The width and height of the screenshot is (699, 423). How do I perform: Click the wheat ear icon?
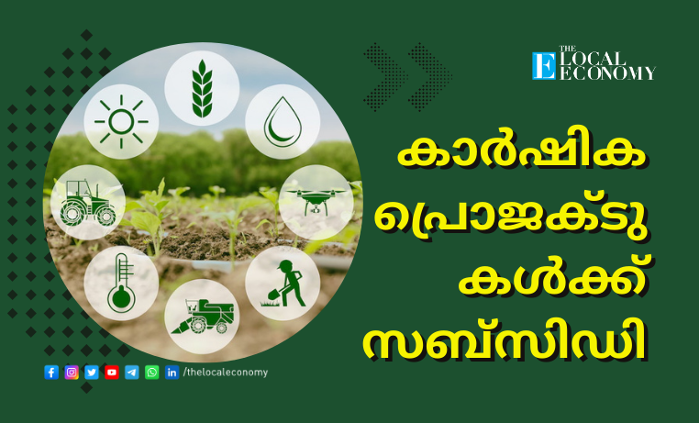click(x=202, y=88)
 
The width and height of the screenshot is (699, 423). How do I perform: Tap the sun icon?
click(x=121, y=121)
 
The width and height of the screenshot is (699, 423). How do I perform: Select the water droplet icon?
click(x=283, y=122)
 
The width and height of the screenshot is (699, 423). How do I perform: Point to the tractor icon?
click(x=88, y=203)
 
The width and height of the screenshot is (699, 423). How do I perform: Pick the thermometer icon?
click(x=121, y=283)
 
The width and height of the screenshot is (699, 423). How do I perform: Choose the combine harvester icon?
click(x=203, y=317)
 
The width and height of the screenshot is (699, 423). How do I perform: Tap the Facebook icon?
click(x=51, y=373)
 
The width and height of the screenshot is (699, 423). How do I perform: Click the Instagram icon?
click(x=72, y=373)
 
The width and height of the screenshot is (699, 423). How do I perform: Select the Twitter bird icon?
click(x=92, y=373)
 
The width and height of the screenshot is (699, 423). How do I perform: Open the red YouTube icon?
click(x=111, y=373)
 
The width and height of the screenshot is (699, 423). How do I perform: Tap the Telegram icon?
click(x=131, y=373)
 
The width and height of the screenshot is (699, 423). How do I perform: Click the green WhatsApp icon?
click(x=151, y=373)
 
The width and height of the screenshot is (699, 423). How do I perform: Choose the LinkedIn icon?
click(x=172, y=373)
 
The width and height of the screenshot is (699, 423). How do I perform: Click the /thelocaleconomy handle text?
click(x=226, y=373)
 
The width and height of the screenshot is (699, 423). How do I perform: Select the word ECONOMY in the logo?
click(x=607, y=73)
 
